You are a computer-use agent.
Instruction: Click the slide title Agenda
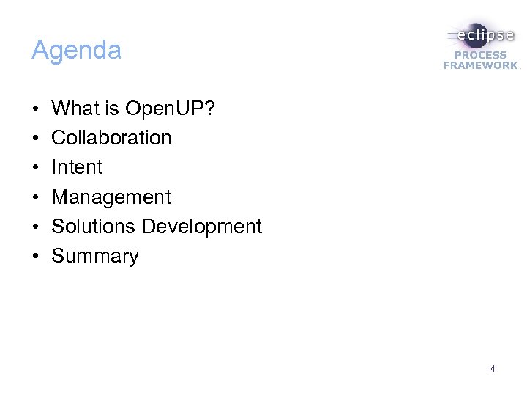click(x=76, y=51)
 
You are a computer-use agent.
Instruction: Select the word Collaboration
click(x=111, y=138)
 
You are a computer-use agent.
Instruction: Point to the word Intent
click(x=77, y=167)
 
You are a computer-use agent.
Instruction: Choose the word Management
click(x=111, y=197)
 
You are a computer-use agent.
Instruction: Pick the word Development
click(x=201, y=227)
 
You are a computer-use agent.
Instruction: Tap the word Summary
click(x=95, y=257)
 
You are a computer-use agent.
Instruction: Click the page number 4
click(x=493, y=369)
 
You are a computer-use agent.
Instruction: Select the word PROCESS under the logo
click(x=480, y=55)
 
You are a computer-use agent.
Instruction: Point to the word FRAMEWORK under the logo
click(x=480, y=65)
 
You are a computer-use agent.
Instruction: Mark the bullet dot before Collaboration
click(x=35, y=139)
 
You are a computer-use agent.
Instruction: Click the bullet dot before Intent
click(x=35, y=168)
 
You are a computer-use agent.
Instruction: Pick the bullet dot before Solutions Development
click(x=35, y=227)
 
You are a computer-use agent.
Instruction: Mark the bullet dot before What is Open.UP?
click(x=35, y=109)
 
